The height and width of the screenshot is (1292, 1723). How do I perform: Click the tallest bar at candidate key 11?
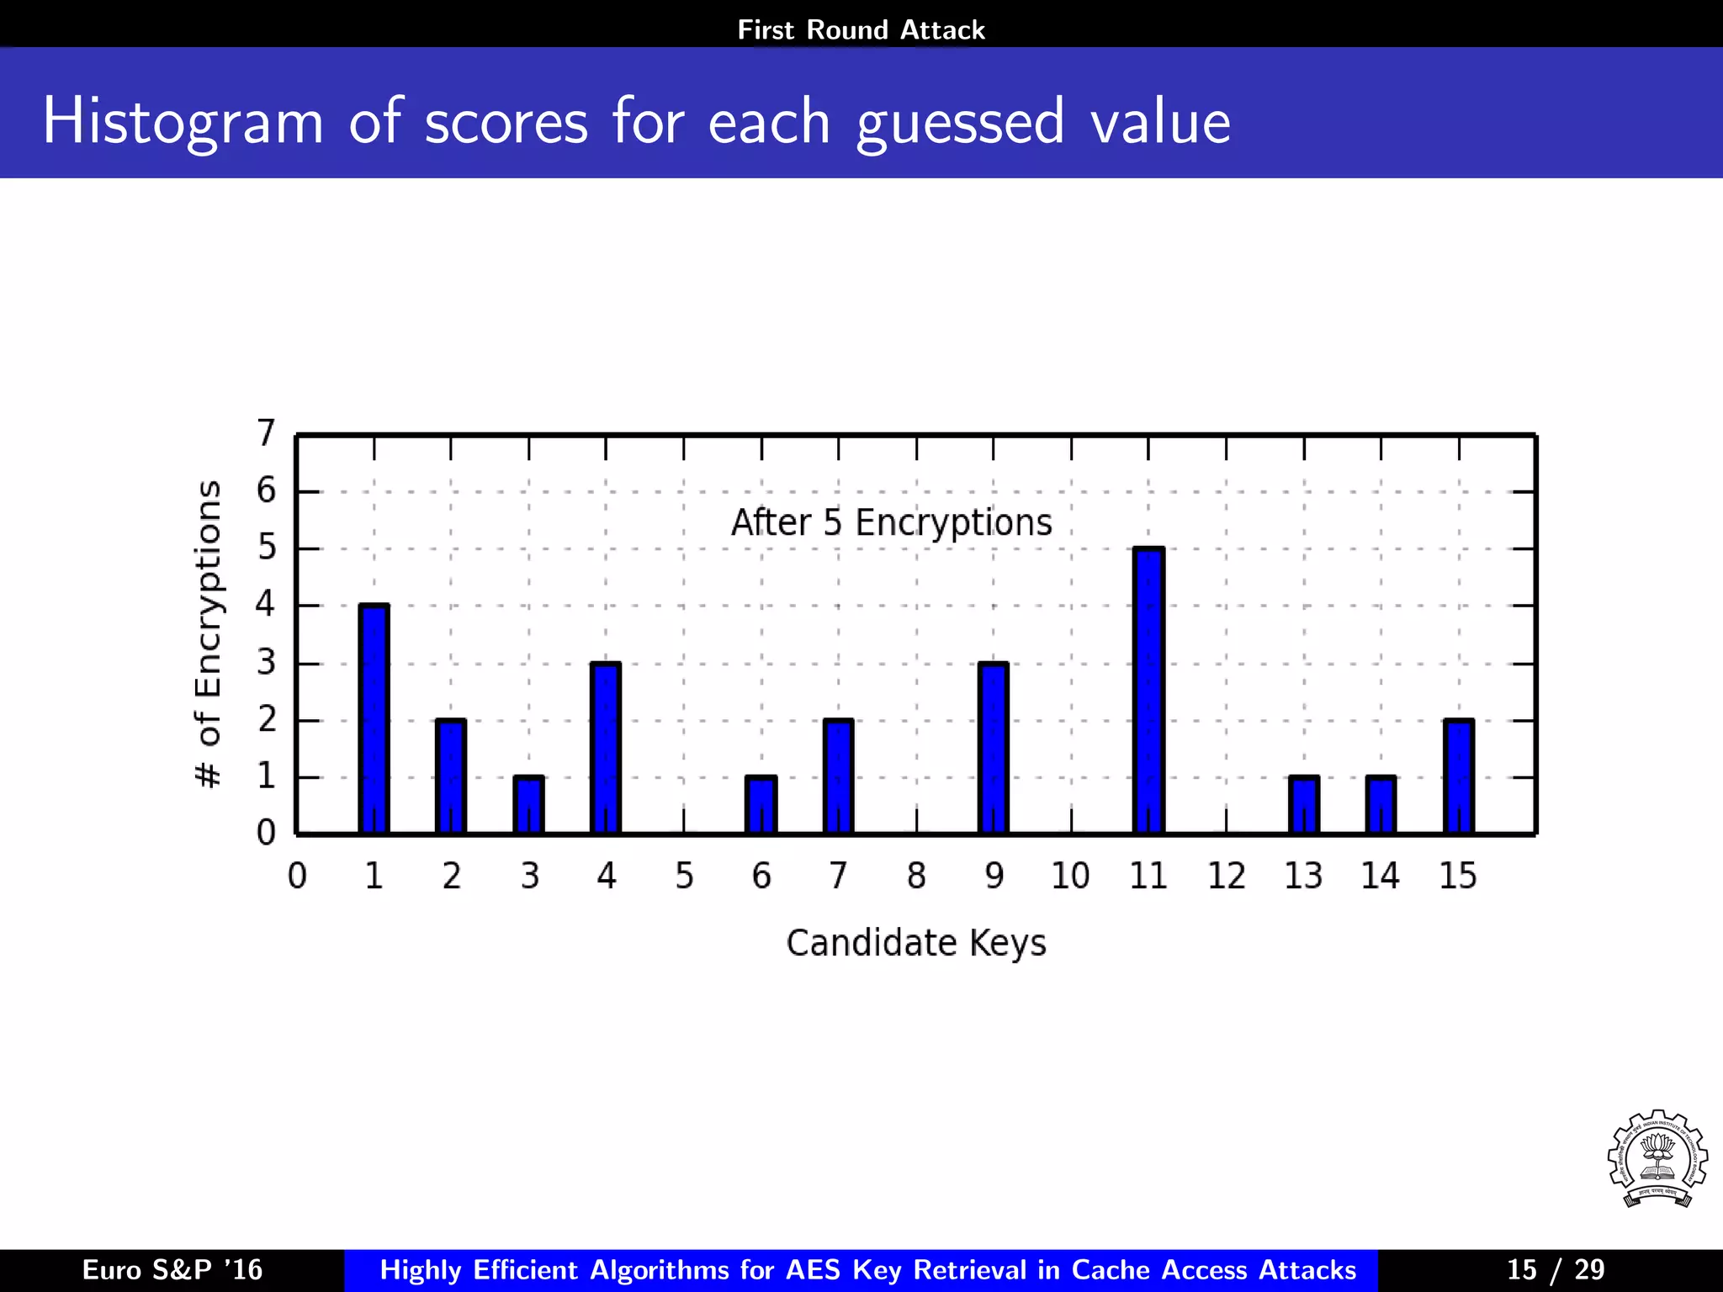point(1148,691)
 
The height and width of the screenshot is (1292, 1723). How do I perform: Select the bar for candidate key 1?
point(374,719)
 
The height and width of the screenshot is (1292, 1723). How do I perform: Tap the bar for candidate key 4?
point(606,748)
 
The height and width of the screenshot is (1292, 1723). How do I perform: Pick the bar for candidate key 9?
point(994,748)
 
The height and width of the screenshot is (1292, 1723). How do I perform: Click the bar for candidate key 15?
point(1458,776)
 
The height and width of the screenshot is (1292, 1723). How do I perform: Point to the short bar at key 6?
point(761,805)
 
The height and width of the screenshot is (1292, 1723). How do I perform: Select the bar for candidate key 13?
point(1303,805)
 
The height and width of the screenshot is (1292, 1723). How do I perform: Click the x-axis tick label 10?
point(1070,876)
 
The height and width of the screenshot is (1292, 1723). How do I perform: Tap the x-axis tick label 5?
point(684,876)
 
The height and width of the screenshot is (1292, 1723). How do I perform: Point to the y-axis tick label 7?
point(266,433)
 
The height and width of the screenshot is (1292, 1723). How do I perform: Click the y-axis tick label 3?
point(266,663)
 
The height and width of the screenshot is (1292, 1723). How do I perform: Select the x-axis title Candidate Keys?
point(916,943)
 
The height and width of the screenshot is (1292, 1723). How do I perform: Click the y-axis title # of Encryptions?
point(208,634)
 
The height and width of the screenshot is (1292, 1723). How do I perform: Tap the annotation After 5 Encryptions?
point(891,522)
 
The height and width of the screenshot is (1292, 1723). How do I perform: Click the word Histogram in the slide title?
point(183,122)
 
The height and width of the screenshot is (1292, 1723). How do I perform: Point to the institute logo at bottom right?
point(1657,1159)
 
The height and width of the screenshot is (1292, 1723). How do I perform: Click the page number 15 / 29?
point(1555,1269)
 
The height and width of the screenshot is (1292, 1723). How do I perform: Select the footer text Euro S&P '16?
point(172,1269)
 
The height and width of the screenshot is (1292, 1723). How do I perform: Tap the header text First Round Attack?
point(861,30)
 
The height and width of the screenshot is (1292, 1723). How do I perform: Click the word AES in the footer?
point(814,1269)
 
